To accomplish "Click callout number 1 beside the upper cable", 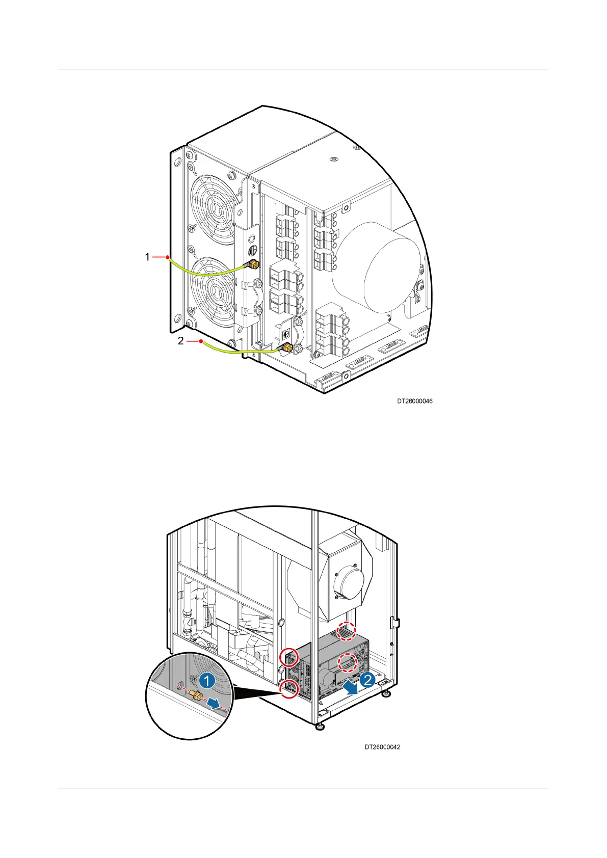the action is pos(147,257).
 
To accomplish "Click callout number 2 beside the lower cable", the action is pos(181,341).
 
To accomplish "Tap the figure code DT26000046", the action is pos(415,401).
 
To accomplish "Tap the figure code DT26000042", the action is pos(382,747).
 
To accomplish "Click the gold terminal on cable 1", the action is pos(252,264).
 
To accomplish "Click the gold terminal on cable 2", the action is pos(287,348).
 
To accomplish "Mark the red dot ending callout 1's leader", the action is pos(167,257).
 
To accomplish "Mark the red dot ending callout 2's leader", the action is pos(202,341).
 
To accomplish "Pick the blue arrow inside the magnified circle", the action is pos(218,704).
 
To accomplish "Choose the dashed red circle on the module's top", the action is pos(346,632).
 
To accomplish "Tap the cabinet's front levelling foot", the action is pos(320,726).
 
